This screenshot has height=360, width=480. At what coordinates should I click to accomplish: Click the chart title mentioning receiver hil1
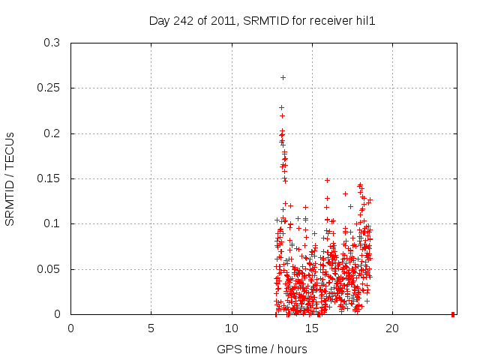262,21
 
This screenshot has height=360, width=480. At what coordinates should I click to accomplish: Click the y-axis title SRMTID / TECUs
10,178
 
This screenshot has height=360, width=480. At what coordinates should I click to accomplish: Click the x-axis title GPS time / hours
262,349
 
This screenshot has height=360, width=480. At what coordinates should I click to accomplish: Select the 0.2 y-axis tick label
52,133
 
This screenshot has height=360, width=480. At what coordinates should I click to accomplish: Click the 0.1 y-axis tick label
52,224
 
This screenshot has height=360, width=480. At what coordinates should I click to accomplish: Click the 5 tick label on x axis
151,328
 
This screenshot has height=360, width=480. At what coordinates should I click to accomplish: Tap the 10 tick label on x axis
232,328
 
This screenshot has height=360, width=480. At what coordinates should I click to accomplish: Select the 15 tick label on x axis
312,328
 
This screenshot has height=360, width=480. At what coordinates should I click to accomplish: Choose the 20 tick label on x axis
392,328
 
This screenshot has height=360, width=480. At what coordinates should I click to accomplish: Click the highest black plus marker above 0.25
283,77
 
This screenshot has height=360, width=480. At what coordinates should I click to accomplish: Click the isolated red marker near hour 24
453,313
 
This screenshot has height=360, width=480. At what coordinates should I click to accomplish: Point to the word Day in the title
160,21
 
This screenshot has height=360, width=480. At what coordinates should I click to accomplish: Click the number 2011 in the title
223,21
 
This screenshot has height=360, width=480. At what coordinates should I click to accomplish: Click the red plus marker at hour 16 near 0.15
327,180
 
